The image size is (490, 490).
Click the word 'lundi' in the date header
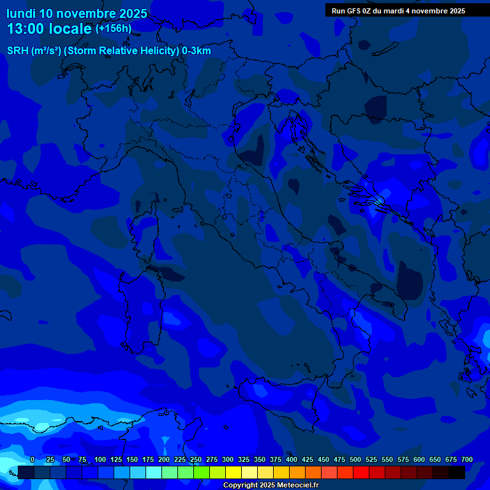[x=20, y=13]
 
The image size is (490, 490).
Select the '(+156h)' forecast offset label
[x=114, y=28]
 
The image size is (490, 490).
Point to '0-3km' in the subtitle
[x=197, y=51]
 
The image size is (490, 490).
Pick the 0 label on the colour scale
[x=33, y=460]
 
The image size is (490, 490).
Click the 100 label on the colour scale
[x=100, y=460]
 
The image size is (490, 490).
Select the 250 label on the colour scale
[x=196, y=460]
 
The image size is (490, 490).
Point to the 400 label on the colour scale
[x=292, y=460]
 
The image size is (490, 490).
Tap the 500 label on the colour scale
[x=355, y=460]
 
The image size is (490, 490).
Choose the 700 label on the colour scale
[x=466, y=460]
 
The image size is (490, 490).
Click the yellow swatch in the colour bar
[x=234, y=472]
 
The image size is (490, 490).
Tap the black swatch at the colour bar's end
[x=457, y=472]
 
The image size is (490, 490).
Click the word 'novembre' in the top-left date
[x=86, y=13]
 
